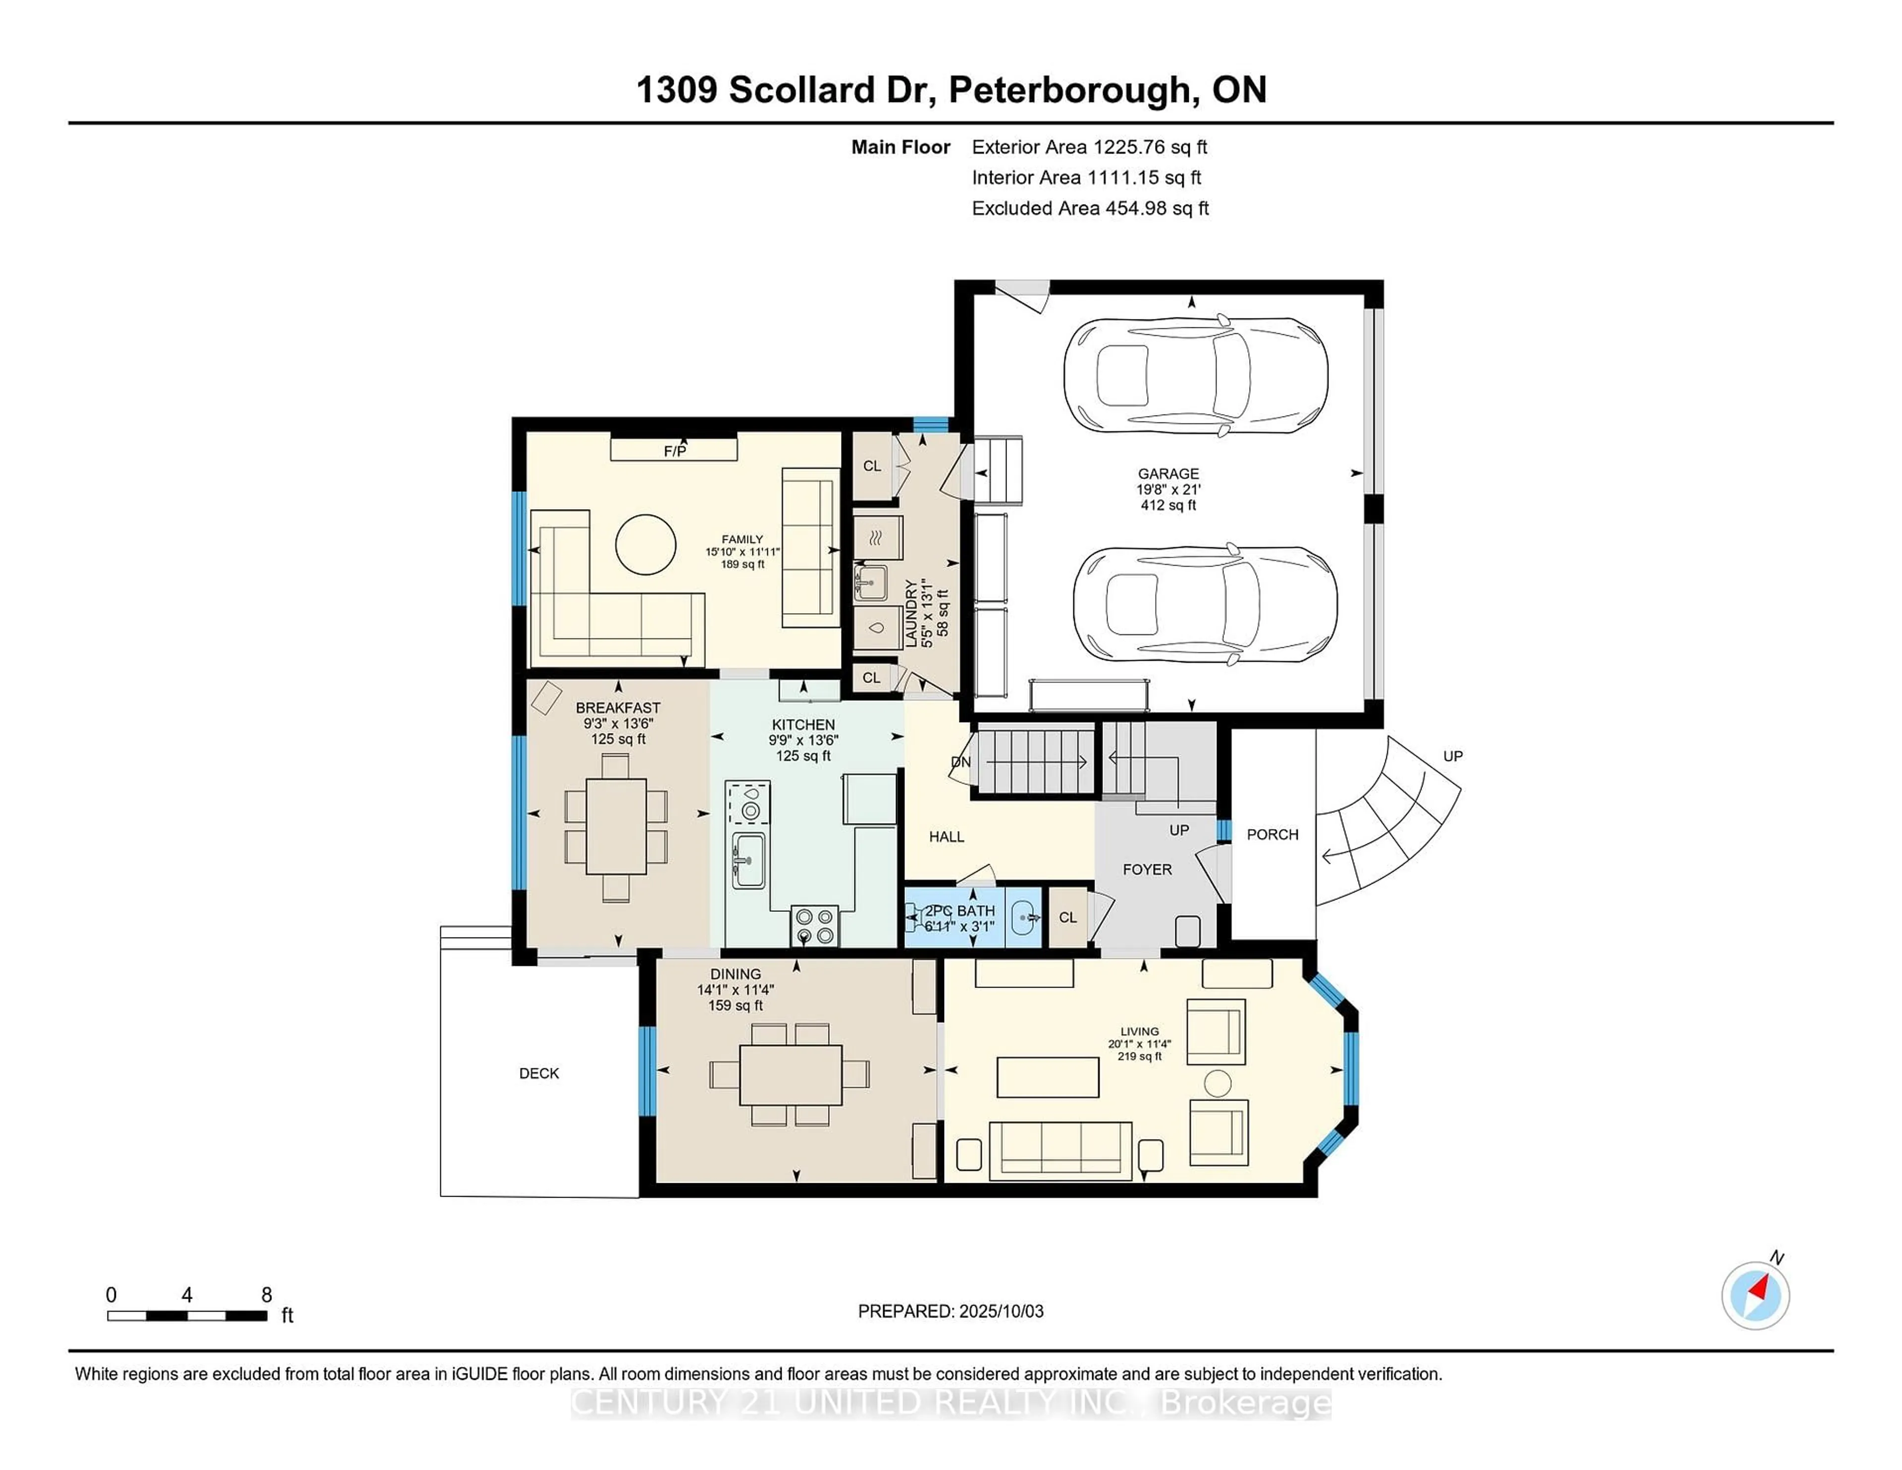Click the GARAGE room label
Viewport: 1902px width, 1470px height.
point(1168,474)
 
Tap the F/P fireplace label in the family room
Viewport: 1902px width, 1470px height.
point(675,450)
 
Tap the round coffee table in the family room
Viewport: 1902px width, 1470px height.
point(645,544)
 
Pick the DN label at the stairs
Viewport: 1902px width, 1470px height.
point(960,762)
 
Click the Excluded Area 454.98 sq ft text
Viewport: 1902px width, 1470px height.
point(1090,208)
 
